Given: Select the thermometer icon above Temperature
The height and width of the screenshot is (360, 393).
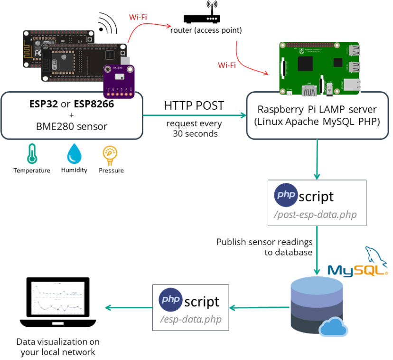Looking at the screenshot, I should point(31,154).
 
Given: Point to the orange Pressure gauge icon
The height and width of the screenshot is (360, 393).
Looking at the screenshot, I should point(110,154).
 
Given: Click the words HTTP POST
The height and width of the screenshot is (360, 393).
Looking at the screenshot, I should point(194,105).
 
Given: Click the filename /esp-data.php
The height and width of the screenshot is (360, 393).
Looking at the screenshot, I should point(191,319).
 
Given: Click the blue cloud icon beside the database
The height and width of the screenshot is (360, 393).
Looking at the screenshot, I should point(333,327).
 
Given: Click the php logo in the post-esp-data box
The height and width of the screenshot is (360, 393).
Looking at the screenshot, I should point(286,195).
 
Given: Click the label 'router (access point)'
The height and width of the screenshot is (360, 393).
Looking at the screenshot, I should point(206,30).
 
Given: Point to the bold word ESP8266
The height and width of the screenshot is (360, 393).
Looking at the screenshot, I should point(94,104).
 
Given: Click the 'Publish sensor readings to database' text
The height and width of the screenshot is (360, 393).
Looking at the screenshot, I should point(264,246).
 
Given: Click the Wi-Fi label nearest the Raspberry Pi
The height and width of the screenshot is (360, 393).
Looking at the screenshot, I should point(226,65).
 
